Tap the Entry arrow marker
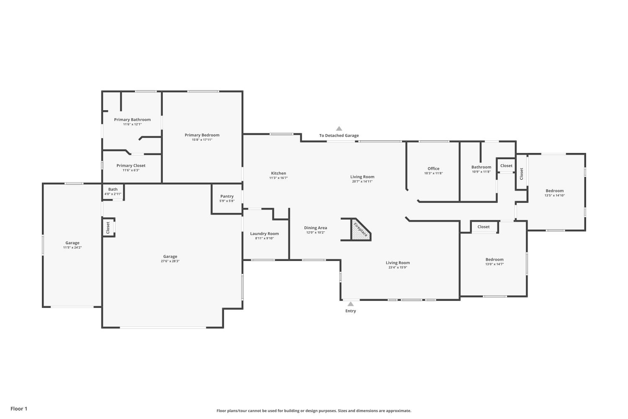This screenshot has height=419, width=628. pyautogui.click(x=350, y=304)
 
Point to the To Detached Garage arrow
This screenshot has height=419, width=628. pyautogui.click(x=339, y=129)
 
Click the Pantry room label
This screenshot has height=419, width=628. pyautogui.click(x=227, y=197)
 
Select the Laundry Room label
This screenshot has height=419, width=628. pyautogui.click(x=264, y=233)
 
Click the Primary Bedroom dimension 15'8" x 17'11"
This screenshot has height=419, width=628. pyautogui.click(x=202, y=140)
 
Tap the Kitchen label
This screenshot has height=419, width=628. pyautogui.click(x=278, y=173)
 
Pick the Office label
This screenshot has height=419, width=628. pyautogui.click(x=433, y=169)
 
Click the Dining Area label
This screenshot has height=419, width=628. pyautogui.click(x=315, y=228)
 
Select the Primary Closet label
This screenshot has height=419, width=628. pyautogui.click(x=131, y=166)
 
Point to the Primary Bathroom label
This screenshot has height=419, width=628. pyautogui.click(x=132, y=119)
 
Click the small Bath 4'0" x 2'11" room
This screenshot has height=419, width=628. pyautogui.click(x=113, y=191)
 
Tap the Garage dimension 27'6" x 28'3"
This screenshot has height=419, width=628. pyautogui.click(x=170, y=261)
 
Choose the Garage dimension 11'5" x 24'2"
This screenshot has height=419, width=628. pyautogui.click(x=72, y=248)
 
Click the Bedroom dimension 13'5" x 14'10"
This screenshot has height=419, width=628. pyautogui.click(x=555, y=195)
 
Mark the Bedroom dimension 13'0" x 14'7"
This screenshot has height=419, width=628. pyautogui.click(x=494, y=264)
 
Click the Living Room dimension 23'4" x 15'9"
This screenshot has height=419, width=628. pyautogui.click(x=398, y=267)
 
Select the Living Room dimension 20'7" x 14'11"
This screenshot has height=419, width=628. pyautogui.click(x=362, y=181)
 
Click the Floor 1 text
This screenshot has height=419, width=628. pyautogui.click(x=19, y=409)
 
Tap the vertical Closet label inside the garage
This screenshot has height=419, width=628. pyautogui.click(x=108, y=228)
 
